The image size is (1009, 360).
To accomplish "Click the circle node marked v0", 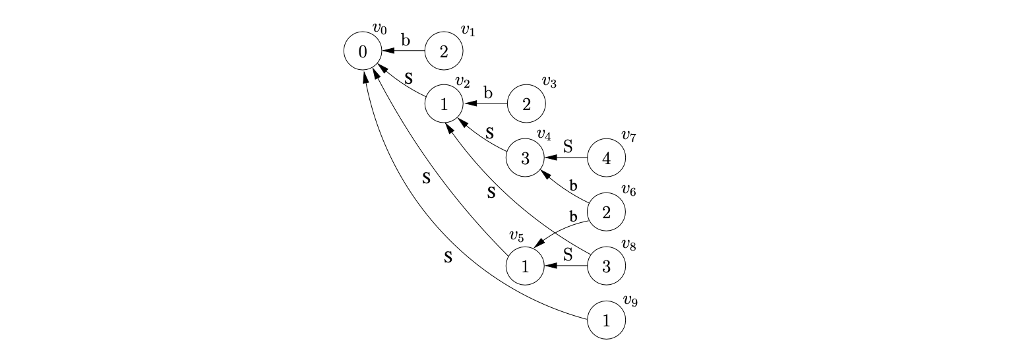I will (362, 51).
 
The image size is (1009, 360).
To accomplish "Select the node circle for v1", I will (443, 51).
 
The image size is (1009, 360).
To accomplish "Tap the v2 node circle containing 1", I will (443, 104).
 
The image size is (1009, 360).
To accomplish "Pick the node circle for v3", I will (526, 104).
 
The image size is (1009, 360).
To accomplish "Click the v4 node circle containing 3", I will (525, 158).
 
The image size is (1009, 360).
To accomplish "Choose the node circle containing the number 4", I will (606, 158).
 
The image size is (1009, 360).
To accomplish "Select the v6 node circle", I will (606, 212).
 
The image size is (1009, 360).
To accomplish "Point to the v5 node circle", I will (525, 266).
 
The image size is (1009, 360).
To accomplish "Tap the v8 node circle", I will (606, 266).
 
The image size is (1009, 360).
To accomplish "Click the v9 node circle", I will (606, 320).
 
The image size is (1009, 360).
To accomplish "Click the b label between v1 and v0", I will (406, 40).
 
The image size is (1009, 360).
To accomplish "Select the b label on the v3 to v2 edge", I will (487, 93).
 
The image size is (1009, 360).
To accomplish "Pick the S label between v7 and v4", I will (568, 146).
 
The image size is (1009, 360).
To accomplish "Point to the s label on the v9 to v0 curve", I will (448, 256).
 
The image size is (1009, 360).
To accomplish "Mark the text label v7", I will (628, 136).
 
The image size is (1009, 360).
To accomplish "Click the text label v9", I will (630, 303).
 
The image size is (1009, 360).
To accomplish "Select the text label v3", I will (549, 82).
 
